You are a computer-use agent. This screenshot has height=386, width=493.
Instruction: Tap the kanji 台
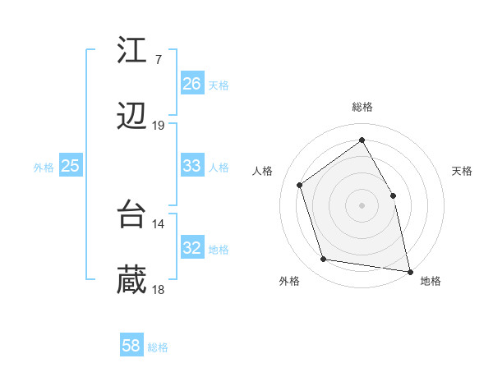coord(132,214)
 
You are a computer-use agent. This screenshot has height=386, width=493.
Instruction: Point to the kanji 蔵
coord(132,282)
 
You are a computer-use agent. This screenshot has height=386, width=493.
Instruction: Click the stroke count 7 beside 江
coord(158,59)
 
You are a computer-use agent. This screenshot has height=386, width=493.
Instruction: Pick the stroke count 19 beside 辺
coord(158,126)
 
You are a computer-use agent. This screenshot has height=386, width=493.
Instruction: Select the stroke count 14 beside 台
coord(158,223)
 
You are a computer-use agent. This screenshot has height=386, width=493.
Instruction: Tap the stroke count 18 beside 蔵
coord(158,290)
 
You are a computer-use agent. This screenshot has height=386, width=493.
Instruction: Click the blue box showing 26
coord(192,84)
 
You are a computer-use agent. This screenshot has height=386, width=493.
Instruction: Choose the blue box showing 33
coord(192,166)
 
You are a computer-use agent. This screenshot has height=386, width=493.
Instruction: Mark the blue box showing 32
coord(192,248)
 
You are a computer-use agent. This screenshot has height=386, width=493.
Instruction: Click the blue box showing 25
coord(71,166)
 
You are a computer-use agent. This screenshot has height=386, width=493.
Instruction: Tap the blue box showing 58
coord(131,346)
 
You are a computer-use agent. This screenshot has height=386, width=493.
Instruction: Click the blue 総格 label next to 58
coord(158,347)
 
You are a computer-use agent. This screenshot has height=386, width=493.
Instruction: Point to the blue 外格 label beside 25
coord(44,168)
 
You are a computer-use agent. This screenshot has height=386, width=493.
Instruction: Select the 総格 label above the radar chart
coord(362,107)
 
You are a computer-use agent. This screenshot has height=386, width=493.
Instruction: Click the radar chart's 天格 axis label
coord(462,171)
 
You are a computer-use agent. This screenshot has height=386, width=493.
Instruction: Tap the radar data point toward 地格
coord(409,270)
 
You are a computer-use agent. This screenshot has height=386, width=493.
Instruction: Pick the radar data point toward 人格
coord(300,185)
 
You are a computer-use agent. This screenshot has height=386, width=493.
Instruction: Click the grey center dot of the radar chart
coord(362,204)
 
